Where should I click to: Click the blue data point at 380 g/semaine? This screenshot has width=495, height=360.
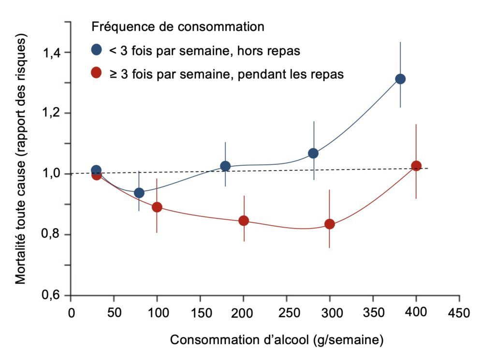click(400, 79)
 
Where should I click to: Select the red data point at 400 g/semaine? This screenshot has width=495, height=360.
click(416, 166)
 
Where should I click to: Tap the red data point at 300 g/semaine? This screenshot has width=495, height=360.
click(330, 224)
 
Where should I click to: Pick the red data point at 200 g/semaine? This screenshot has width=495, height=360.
click(244, 220)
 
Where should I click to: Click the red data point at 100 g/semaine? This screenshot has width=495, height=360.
click(157, 207)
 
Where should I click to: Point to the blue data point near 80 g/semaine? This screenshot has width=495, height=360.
click(139, 193)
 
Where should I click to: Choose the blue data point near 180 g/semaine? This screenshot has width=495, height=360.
click(225, 166)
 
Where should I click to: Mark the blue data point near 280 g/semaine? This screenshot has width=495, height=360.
click(313, 153)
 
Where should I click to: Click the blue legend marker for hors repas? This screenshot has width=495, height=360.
click(96, 49)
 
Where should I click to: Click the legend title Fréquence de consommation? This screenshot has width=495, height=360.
click(178, 26)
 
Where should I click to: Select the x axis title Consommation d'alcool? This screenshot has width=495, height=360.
click(277, 340)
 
